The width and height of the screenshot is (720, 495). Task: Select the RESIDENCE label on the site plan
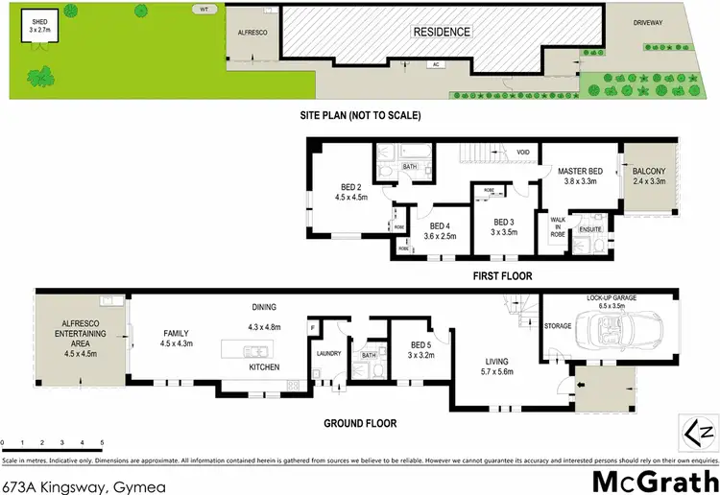click(x=442, y=32)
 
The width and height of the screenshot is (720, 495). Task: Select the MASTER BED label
click(x=579, y=172)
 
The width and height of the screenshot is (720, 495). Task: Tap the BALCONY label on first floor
click(x=649, y=172)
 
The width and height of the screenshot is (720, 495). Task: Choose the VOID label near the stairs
click(x=523, y=152)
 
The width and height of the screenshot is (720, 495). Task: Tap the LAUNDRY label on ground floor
click(x=328, y=353)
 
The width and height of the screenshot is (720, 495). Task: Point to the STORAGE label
click(x=558, y=326)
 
